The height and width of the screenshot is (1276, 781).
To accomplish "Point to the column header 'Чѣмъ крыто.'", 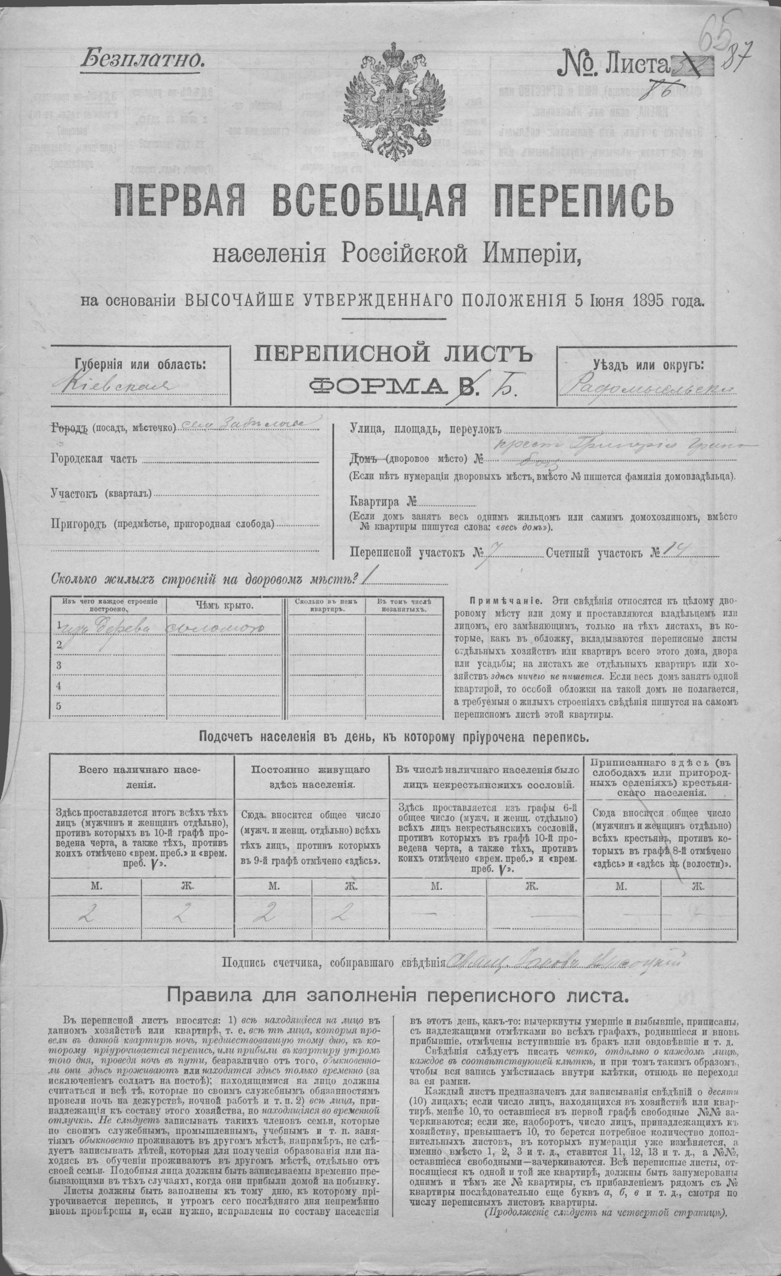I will tap(224, 605).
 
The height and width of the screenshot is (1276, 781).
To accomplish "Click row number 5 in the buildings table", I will tap(58, 706).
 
